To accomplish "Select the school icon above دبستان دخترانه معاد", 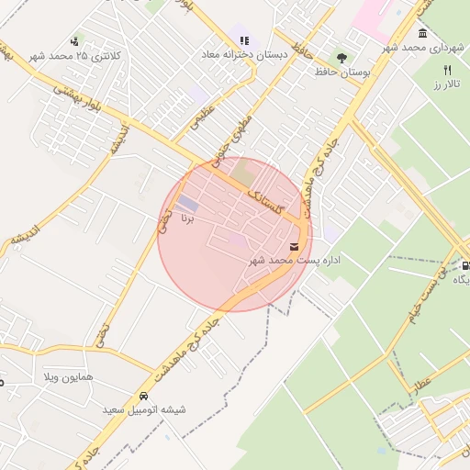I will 243,40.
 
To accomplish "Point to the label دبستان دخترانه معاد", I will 242,55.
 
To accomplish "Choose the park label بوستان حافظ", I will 342,71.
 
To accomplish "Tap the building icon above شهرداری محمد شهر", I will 421,34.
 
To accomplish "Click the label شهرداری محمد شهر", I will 423,48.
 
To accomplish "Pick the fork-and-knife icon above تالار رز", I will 448,70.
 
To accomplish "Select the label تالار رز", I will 444,84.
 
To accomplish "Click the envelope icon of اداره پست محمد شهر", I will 294,246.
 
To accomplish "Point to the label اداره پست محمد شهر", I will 295,261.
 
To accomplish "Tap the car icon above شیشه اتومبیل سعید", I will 144,397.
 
